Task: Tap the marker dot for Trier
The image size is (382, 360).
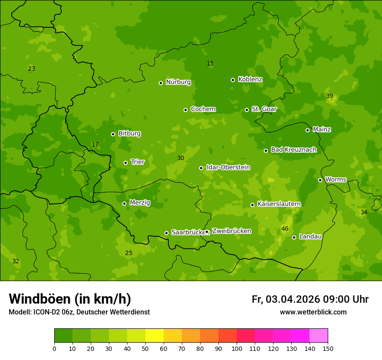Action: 125,163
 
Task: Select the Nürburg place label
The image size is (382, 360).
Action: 178,82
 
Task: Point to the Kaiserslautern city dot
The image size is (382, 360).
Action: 252,205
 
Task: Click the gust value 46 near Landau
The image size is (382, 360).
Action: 285,229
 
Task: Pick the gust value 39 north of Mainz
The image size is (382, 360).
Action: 329,96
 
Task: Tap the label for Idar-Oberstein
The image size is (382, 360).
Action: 228,167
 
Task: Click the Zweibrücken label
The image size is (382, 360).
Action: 231,231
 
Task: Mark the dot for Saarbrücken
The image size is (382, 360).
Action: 166,233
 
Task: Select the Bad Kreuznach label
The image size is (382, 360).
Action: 293,150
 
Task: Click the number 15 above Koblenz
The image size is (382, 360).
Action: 210,63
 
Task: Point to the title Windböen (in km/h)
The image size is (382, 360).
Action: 70,299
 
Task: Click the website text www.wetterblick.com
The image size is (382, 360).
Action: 313,312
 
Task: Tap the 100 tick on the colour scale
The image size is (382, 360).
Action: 237,348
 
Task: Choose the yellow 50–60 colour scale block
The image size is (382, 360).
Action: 155,335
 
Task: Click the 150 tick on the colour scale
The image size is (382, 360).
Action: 328,348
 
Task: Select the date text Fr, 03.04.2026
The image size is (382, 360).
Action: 286,299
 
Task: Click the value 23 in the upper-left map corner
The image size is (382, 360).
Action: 31,69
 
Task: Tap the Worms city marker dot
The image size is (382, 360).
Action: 320,180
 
